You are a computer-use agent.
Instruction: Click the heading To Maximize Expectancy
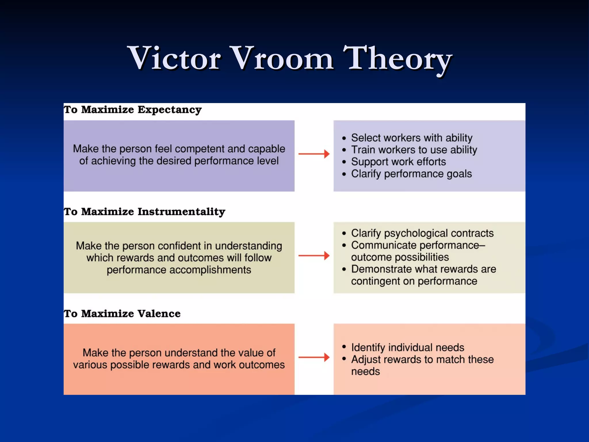click(133, 110)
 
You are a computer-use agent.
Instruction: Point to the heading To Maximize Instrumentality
click(144, 212)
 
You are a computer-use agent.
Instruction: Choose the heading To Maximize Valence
click(122, 314)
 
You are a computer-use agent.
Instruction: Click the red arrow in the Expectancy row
click(314, 154)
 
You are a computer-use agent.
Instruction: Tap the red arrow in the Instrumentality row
click(314, 256)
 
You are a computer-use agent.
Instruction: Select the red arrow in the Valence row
click(314, 357)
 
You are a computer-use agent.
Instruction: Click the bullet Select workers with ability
click(411, 138)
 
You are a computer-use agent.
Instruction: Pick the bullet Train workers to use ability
click(414, 150)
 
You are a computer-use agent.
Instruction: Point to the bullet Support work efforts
click(398, 162)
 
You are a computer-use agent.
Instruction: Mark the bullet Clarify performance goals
click(411, 174)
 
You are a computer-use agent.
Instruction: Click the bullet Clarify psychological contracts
click(422, 233)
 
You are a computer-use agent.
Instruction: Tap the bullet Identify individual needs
click(408, 348)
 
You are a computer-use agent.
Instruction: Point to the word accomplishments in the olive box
click(210, 270)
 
